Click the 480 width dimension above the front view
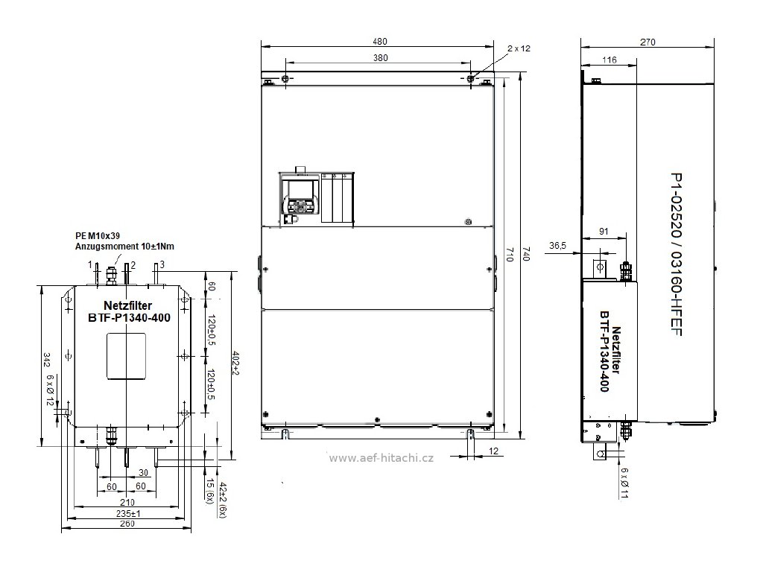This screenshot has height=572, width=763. (x=380, y=42)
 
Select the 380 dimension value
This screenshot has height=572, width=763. (x=381, y=58)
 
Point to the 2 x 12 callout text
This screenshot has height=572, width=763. (x=519, y=48)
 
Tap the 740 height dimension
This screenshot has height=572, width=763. (x=525, y=253)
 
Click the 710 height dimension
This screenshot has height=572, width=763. (x=510, y=254)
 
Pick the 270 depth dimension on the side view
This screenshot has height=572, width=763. (x=648, y=42)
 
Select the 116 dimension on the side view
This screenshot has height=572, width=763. (x=610, y=60)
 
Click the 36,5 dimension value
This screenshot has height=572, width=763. (x=557, y=246)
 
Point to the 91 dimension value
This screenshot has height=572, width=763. (x=604, y=232)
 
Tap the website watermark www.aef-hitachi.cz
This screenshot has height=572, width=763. (x=381, y=458)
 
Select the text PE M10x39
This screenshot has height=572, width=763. (x=98, y=236)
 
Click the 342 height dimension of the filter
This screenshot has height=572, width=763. (x=47, y=360)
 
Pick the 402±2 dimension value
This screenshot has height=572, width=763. (x=235, y=363)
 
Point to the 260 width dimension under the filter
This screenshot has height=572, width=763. (x=127, y=524)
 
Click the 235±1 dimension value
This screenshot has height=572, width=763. (x=128, y=513)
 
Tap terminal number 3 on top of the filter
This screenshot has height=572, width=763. (x=162, y=264)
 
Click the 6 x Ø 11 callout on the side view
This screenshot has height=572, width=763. (x=624, y=483)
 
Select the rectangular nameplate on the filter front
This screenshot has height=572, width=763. (x=127, y=356)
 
